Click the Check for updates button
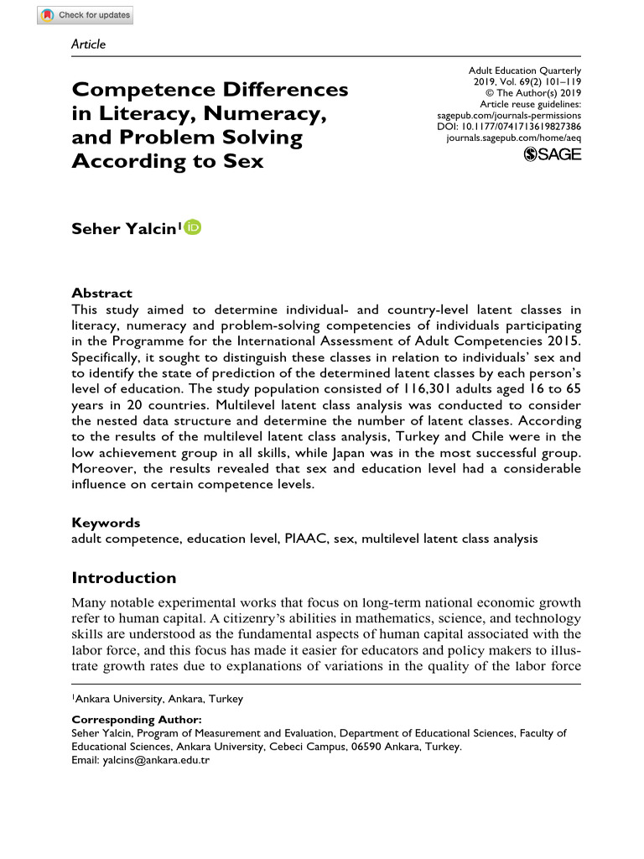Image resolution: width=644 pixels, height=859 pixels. click(x=86, y=15)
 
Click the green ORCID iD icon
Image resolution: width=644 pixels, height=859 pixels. click(x=193, y=226)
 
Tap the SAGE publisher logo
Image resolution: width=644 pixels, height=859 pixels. click(x=552, y=154)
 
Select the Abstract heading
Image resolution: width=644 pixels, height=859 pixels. click(x=101, y=293)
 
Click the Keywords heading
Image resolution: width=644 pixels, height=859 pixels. click(x=106, y=522)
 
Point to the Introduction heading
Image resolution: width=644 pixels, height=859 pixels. click(x=124, y=577)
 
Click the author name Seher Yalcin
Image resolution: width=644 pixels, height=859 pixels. click(x=123, y=227)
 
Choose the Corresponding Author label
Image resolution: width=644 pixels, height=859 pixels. click(x=137, y=720)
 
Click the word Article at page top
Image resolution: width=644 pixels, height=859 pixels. click(x=89, y=44)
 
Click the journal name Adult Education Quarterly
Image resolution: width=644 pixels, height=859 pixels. click(x=525, y=71)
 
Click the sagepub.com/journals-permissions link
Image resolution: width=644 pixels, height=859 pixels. click(x=509, y=115)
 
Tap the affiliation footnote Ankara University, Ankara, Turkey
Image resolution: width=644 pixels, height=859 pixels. click(x=159, y=698)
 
